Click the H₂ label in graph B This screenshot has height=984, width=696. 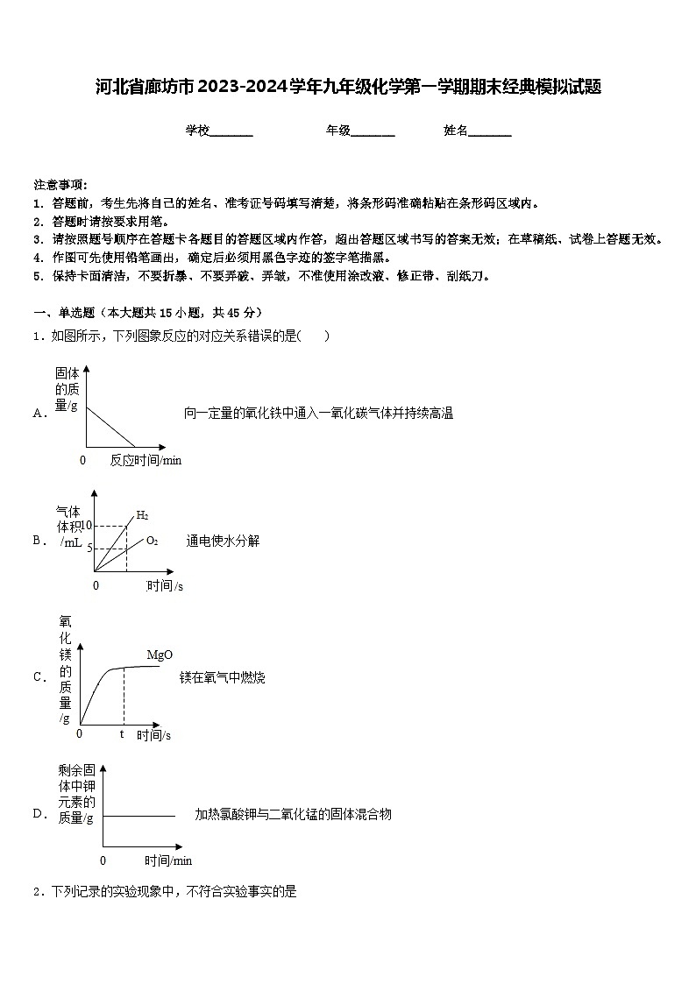142,515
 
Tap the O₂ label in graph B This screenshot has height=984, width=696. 152,541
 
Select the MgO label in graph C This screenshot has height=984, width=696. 160,655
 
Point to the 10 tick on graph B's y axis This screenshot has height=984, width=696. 87,526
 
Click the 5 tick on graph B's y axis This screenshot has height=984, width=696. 89,549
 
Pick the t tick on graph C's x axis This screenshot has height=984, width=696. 122,733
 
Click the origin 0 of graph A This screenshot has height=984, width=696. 83,460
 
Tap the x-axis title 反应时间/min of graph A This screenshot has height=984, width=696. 146,460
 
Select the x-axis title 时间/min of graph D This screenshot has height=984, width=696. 168,860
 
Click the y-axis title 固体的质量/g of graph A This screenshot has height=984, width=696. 67,389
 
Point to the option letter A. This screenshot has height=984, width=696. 39,413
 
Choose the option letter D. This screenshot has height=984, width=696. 39,814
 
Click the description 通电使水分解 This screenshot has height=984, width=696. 223,541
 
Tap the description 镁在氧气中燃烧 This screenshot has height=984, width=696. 223,677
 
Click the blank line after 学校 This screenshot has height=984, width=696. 231,131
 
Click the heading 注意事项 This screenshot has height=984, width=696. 60,185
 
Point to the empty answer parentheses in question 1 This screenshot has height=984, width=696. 316,336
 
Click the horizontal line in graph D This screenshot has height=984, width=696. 140,816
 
